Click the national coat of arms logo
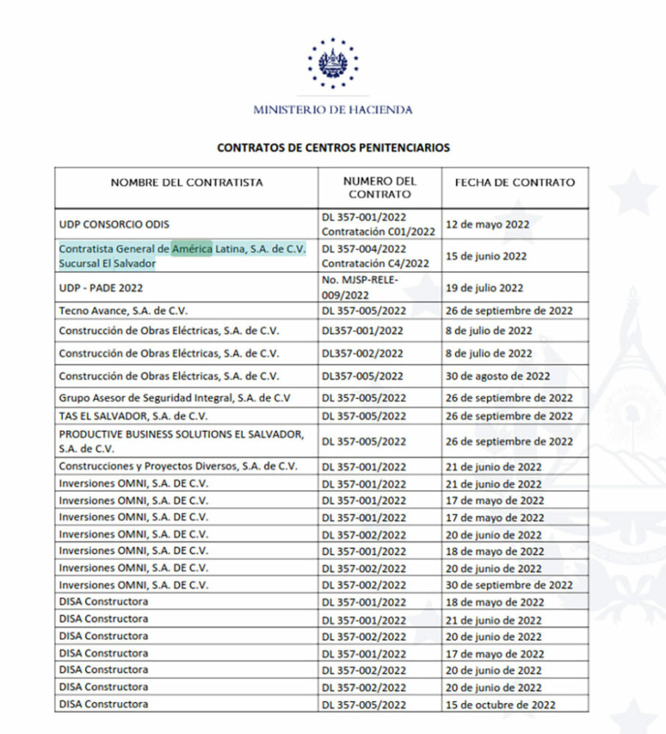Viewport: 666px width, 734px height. [333, 62]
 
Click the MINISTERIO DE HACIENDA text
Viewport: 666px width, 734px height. [333, 110]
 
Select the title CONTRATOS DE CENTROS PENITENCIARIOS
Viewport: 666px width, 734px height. [333, 148]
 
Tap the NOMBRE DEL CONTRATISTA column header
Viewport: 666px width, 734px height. [187, 182]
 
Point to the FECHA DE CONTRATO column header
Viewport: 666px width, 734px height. [515, 182]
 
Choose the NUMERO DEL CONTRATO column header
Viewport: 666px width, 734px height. [380, 188]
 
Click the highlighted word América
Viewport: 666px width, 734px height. [192, 249]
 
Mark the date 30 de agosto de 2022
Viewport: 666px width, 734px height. [498, 376]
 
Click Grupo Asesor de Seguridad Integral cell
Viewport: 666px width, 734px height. [175, 398]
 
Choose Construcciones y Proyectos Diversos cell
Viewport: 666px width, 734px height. [178, 466]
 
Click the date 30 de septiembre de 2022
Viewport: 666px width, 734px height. [509, 585]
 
